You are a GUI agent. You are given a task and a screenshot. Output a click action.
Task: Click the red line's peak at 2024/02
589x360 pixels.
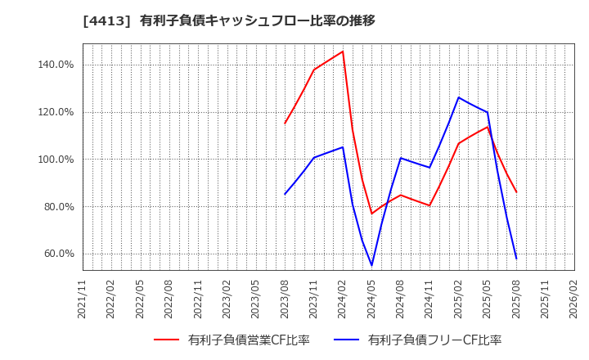[343, 52]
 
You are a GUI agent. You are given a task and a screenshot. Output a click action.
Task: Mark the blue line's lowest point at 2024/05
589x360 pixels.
[372, 265]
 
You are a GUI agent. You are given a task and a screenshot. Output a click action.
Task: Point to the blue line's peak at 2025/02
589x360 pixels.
[458, 97]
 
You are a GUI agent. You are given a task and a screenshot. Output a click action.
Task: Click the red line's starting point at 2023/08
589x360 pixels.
[285, 124]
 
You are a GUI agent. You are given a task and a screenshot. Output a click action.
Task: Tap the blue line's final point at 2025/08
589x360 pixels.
[516, 259]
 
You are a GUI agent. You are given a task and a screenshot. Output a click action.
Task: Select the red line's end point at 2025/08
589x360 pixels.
[516, 192]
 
